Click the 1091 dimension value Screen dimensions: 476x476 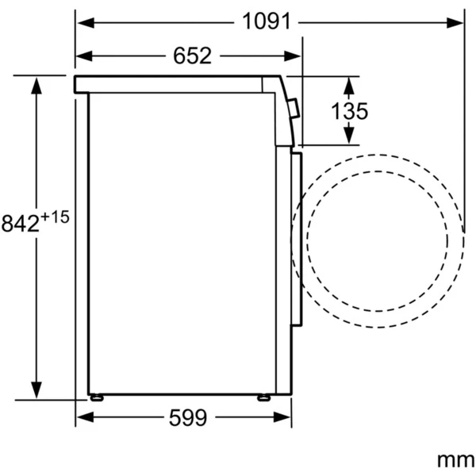pos(267,21)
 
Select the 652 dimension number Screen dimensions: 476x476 pos(192,56)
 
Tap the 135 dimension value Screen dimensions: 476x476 pos(349,111)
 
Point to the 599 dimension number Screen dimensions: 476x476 pos(188,418)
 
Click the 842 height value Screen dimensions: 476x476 pos(21,224)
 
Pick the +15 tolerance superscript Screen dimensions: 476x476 pos(55,217)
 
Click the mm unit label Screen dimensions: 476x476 pos(456,460)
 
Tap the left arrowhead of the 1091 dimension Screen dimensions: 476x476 pos(86,23)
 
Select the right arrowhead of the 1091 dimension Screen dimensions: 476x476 pos(455,23)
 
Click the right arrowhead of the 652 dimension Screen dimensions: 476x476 pos(292,56)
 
